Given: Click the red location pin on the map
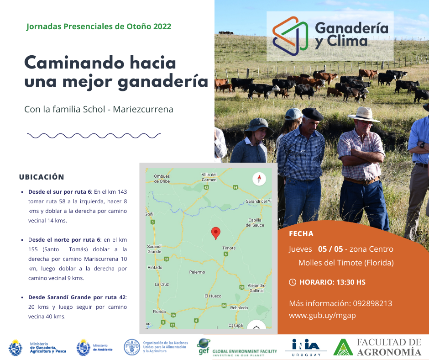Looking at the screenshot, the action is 216,233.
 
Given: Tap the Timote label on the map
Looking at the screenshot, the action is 229,248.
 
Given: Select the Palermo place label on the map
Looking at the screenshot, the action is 197,272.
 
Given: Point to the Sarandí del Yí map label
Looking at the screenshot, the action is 258,201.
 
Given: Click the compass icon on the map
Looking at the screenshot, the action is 259,179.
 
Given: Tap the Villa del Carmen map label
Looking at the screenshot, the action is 209,177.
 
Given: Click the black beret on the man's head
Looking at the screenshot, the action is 313,113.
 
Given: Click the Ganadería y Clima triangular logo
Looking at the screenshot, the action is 290,36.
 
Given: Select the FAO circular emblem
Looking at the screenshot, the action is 132,347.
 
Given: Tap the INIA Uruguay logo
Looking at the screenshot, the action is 306,347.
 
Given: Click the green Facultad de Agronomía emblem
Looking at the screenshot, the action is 343,347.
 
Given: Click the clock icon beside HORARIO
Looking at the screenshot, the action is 293,282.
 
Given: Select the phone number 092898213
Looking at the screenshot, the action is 372,303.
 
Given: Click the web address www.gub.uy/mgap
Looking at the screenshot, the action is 322,316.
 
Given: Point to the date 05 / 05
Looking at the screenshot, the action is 330,249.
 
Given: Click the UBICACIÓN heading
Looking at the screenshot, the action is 42,177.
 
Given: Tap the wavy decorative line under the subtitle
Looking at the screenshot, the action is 94,136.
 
